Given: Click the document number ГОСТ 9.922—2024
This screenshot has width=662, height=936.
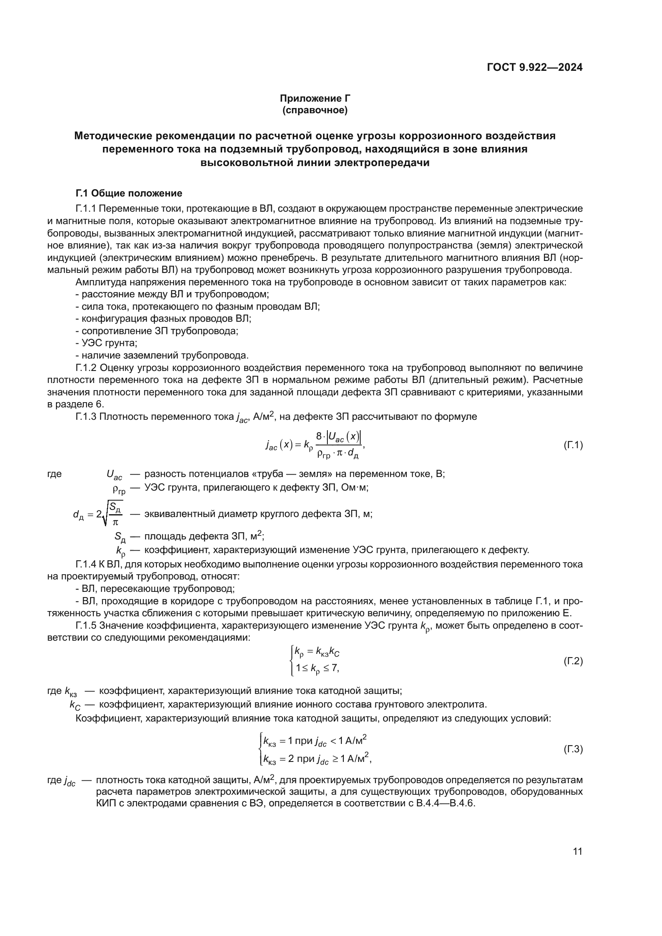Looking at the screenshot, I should pos(534,68).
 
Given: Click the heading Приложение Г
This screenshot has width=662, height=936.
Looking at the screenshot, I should pos(315,98).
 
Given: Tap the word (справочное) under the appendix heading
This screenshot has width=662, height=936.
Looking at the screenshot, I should pos(315,110).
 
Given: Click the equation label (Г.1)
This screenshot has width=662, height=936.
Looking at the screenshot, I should pos(573,445).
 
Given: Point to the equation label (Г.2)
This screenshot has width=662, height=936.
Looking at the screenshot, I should pos(573,661).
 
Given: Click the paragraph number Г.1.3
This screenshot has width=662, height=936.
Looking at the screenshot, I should pos(86,417).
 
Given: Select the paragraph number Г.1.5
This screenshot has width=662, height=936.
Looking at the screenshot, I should pos(86,625).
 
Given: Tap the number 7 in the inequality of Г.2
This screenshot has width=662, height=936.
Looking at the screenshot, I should pos(334,668).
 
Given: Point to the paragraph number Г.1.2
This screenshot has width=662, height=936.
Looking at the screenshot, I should pos(86,368).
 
